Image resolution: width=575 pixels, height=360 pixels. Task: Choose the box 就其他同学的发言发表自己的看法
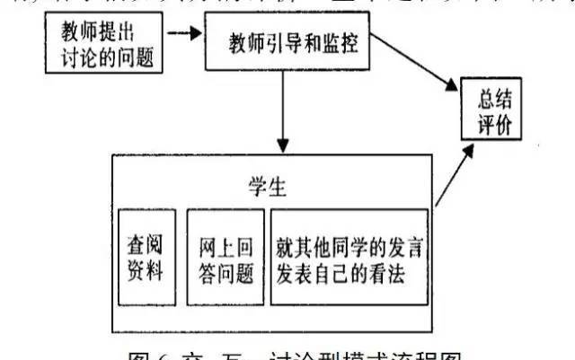point(349,257)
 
